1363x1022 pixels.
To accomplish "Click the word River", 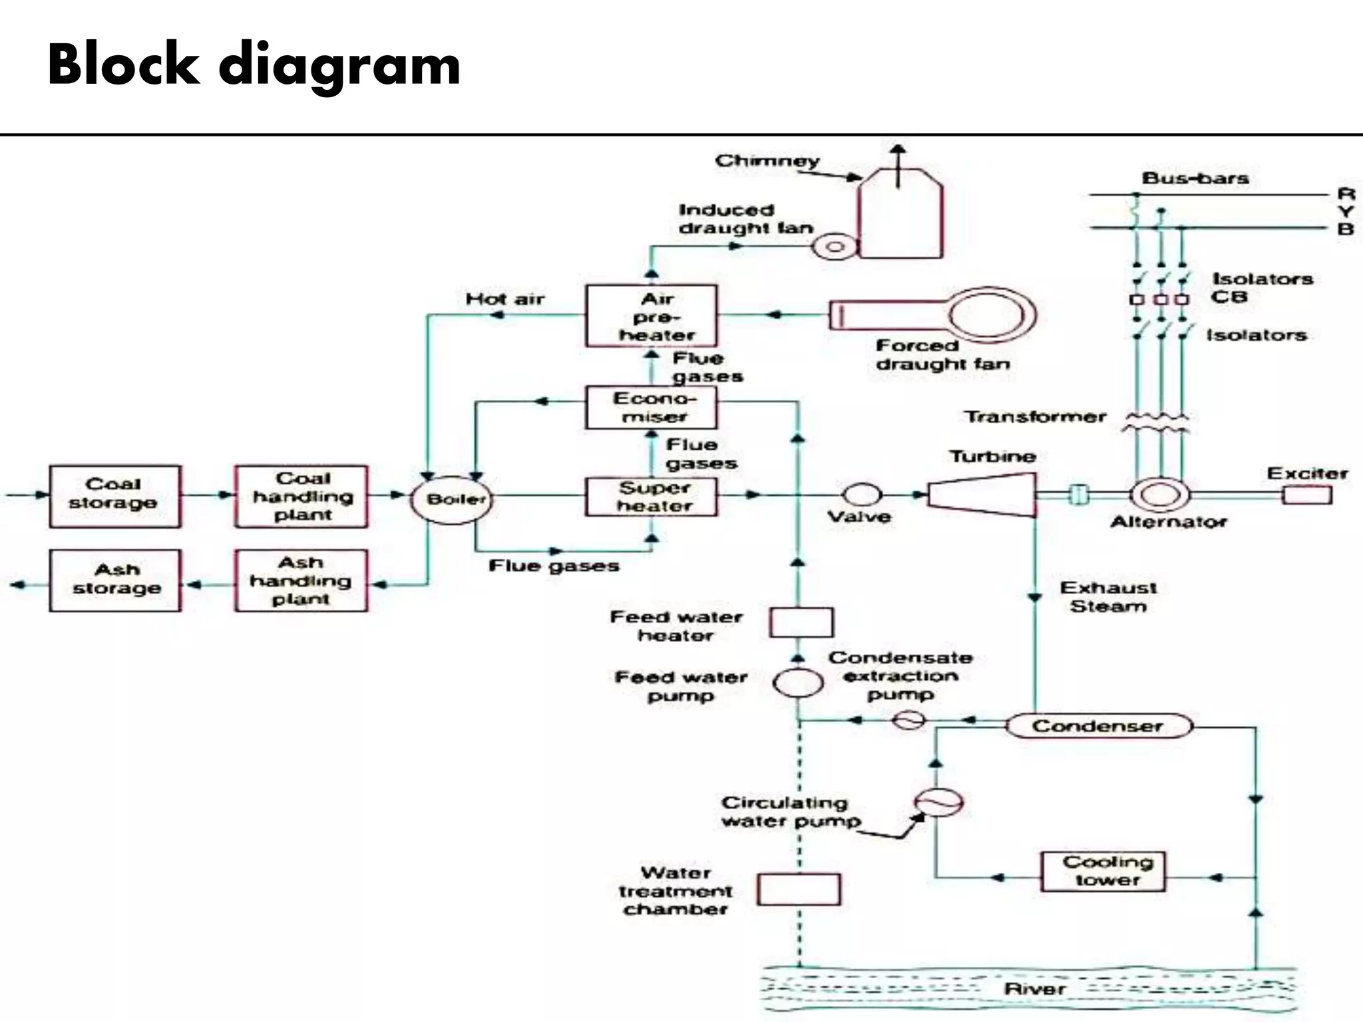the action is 1035,989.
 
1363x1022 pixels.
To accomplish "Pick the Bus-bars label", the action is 1195,178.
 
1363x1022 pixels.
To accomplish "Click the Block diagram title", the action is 254,65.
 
